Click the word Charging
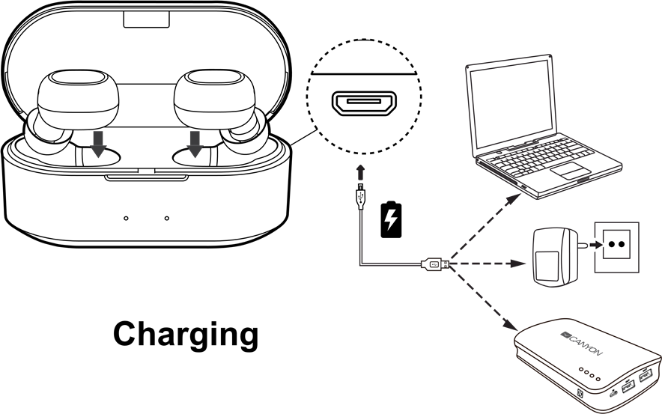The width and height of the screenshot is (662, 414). (185, 334)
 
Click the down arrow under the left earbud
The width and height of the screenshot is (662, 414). (98, 144)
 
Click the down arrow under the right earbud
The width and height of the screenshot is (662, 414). (195, 143)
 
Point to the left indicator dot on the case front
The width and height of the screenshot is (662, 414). (126, 219)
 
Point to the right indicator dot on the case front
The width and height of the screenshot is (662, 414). (166, 219)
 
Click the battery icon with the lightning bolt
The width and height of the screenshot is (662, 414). (389, 219)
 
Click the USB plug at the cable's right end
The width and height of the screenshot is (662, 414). (435, 264)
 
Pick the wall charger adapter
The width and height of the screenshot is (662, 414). (554, 257)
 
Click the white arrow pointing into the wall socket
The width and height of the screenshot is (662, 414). (596, 244)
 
